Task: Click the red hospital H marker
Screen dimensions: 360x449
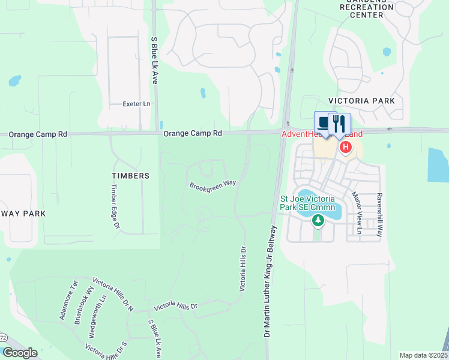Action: pyautogui.click(x=346, y=147)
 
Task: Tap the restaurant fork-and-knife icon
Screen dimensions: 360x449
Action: pyautogui.click(x=339, y=124)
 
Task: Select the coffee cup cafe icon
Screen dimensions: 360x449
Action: pyautogui.click(x=325, y=123)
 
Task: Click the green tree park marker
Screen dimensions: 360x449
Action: pyautogui.click(x=318, y=221)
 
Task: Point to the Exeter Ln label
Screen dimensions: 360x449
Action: pyautogui.click(x=136, y=104)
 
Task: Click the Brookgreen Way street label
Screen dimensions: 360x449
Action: pyautogui.click(x=212, y=185)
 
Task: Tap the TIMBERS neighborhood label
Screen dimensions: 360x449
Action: pyautogui.click(x=130, y=176)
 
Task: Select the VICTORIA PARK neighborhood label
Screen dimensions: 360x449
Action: pyautogui.click(x=361, y=101)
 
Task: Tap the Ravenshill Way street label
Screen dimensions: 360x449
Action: pyautogui.click(x=379, y=215)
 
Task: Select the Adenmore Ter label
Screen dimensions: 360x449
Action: pyautogui.click(x=67, y=300)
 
